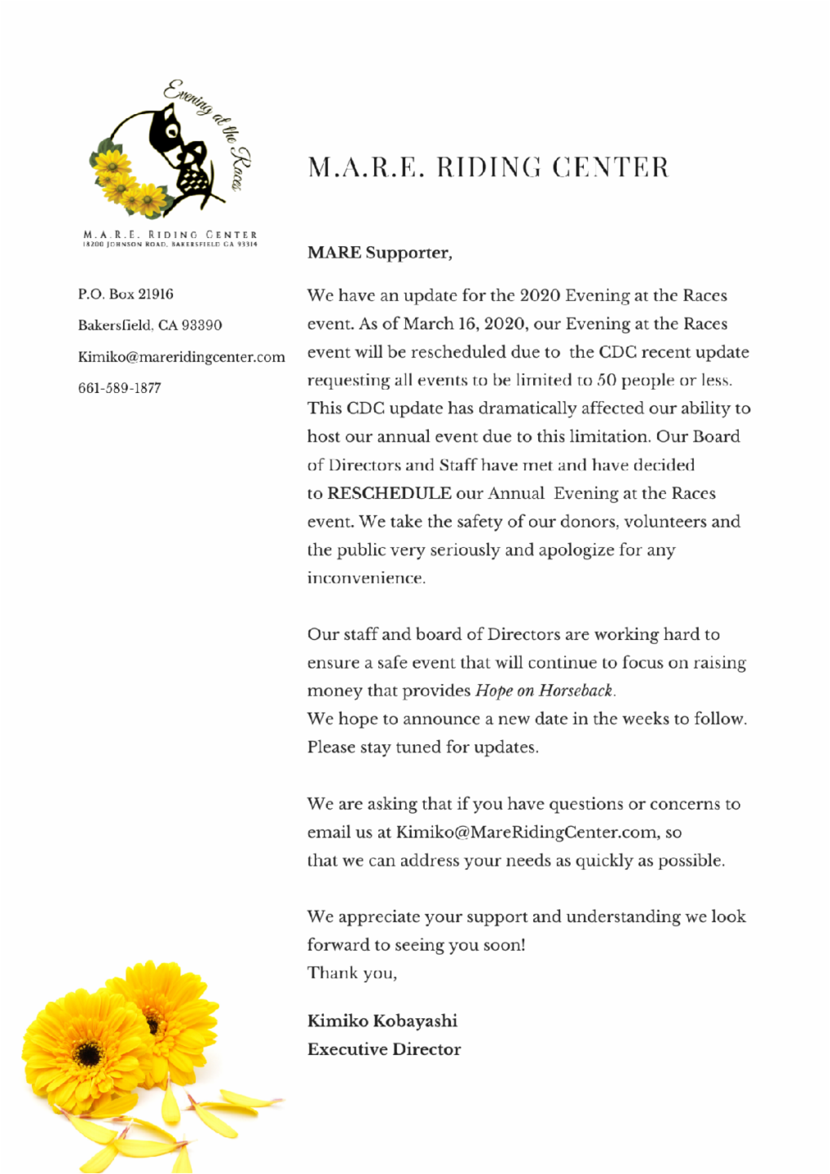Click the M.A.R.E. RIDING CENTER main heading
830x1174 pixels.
[x=488, y=168]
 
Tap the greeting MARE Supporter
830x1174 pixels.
[x=379, y=253]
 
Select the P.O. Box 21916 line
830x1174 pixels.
[x=126, y=294]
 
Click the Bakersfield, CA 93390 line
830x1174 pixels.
[x=150, y=325]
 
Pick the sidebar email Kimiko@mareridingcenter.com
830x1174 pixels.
[x=181, y=357]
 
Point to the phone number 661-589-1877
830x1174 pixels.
[x=119, y=388]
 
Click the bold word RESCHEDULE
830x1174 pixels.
[x=389, y=493]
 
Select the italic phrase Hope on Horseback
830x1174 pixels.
[x=544, y=691]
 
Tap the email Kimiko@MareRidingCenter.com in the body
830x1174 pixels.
[x=527, y=832]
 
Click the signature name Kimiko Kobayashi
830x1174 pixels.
[x=382, y=1021]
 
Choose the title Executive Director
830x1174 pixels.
[x=383, y=1049]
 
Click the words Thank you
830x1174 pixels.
[x=351, y=973]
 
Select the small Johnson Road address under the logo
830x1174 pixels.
[x=170, y=244]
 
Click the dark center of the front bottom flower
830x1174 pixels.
[x=87, y=1054]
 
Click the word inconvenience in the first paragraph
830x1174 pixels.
[x=365, y=578]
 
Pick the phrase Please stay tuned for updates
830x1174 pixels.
[x=422, y=748]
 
